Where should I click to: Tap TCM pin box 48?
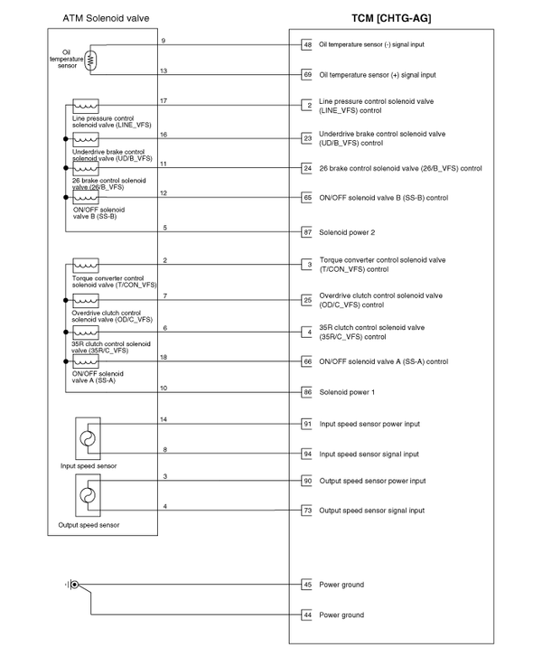pyautogui.click(x=307, y=44)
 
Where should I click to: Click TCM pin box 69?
pyautogui.click(x=307, y=75)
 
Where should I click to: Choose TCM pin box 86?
pyautogui.click(x=307, y=392)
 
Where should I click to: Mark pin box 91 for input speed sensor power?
pyautogui.click(x=307, y=424)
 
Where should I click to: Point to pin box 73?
pyautogui.click(x=307, y=511)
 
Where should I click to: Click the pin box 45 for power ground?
pyautogui.click(x=307, y=585)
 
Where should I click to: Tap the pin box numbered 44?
pyautogui.click(x=307, y=615)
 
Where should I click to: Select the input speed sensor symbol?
pyautogui.click(x=88, y=438)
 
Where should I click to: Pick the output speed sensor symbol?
pyautogui.click(x=88, y=496)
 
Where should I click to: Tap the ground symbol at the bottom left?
pyautogui.click(x=71, y=585)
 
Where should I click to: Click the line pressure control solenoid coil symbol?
pyautogui.click(x=86, y=108)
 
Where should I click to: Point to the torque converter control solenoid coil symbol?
pyautogui.click(x=86, y=266)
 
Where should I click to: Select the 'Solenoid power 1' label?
pyautogui.click(x=348, y=392)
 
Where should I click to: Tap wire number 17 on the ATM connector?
pyautogui.click(x=163, y=100)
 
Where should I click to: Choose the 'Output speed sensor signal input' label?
pyautogui.click(x=371, y=511)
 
